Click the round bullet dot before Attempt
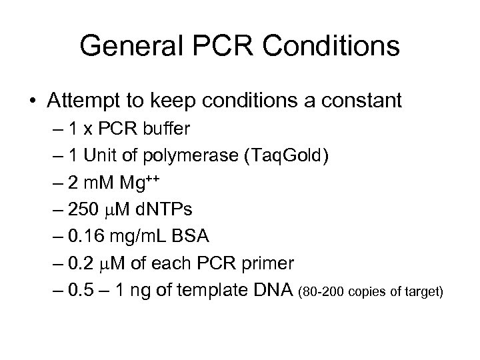[x=33, y=102]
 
